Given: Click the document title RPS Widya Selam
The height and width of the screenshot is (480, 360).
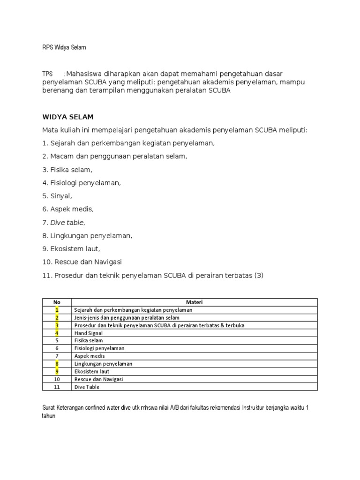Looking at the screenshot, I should [64, 48].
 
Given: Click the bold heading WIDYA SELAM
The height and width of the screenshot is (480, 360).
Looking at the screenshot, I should [68, 116].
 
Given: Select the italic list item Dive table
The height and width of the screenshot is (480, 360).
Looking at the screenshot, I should [67, 223].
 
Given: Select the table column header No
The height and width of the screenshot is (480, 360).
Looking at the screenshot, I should [57, 302].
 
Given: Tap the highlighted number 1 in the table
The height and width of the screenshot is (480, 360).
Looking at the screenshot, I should [57, 310].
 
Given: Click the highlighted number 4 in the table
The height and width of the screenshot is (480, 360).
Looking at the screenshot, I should [57, 333].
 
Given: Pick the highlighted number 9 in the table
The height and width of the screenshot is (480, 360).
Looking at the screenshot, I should [57, 371].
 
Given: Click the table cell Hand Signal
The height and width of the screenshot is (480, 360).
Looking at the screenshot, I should [88, 333].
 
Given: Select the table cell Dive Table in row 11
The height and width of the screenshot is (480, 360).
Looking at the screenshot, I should [87, 387].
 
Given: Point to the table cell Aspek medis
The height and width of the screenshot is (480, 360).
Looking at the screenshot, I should [90, 356].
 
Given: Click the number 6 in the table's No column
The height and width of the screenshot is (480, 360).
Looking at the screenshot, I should [57, 348].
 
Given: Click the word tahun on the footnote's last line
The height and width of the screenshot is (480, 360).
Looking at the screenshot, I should [49, 416].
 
